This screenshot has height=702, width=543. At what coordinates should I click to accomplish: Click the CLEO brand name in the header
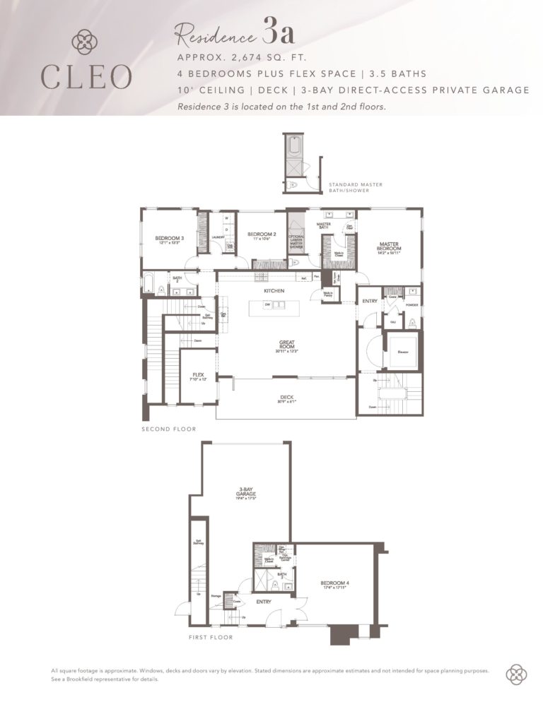pyautogui.click(x=86, y=77)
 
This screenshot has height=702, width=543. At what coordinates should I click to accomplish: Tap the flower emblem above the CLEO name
pyautogui.click(x=86, y=41)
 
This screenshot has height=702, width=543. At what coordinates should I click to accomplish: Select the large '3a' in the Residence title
pyautogui.click(x=279, y=32)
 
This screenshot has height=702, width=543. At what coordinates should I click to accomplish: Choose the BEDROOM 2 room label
pyautogui.click(x=261, y=234)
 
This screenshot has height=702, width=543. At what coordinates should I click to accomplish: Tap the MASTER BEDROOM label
pyautogui.click(x=389, y=247)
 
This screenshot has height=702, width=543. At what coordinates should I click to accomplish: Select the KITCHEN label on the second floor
pyautogui.click(x=274, y=291)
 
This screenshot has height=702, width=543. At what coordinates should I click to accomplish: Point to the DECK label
pyautogui.click(x=286, y=398)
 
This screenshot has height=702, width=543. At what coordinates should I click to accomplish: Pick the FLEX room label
pyautogui.click(x=198, y=376)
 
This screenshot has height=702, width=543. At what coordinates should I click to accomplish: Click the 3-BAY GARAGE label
pyautogui.click(x=245, y=494)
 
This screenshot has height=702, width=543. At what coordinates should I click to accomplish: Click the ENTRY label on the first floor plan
pyautogui.click(x=264, y=602)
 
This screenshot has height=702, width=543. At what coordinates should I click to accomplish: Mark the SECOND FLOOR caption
pyautogui.click(x=169, y=429)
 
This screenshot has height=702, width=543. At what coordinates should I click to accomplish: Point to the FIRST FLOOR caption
pyautogui.click(x=211, y=637)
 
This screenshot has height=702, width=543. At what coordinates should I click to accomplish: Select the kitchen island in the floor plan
pyautogui.click(x=274, y=307)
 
